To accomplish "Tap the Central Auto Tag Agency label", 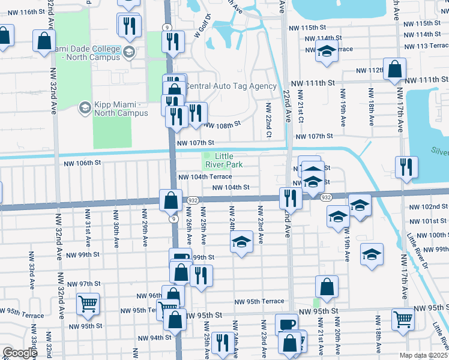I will coord(231,86).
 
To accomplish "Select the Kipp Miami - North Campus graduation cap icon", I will coord(85,107).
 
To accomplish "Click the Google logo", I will coord(19,353).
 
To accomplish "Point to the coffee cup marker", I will coord(286,325).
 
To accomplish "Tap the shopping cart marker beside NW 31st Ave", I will coord(88,304).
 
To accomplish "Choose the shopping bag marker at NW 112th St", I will coord(396,70).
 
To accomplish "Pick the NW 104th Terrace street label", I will coord(204,178).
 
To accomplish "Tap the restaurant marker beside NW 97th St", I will coord(200,276).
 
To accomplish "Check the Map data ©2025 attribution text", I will coord(423,355).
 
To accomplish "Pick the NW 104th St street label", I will coord(231,187).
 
